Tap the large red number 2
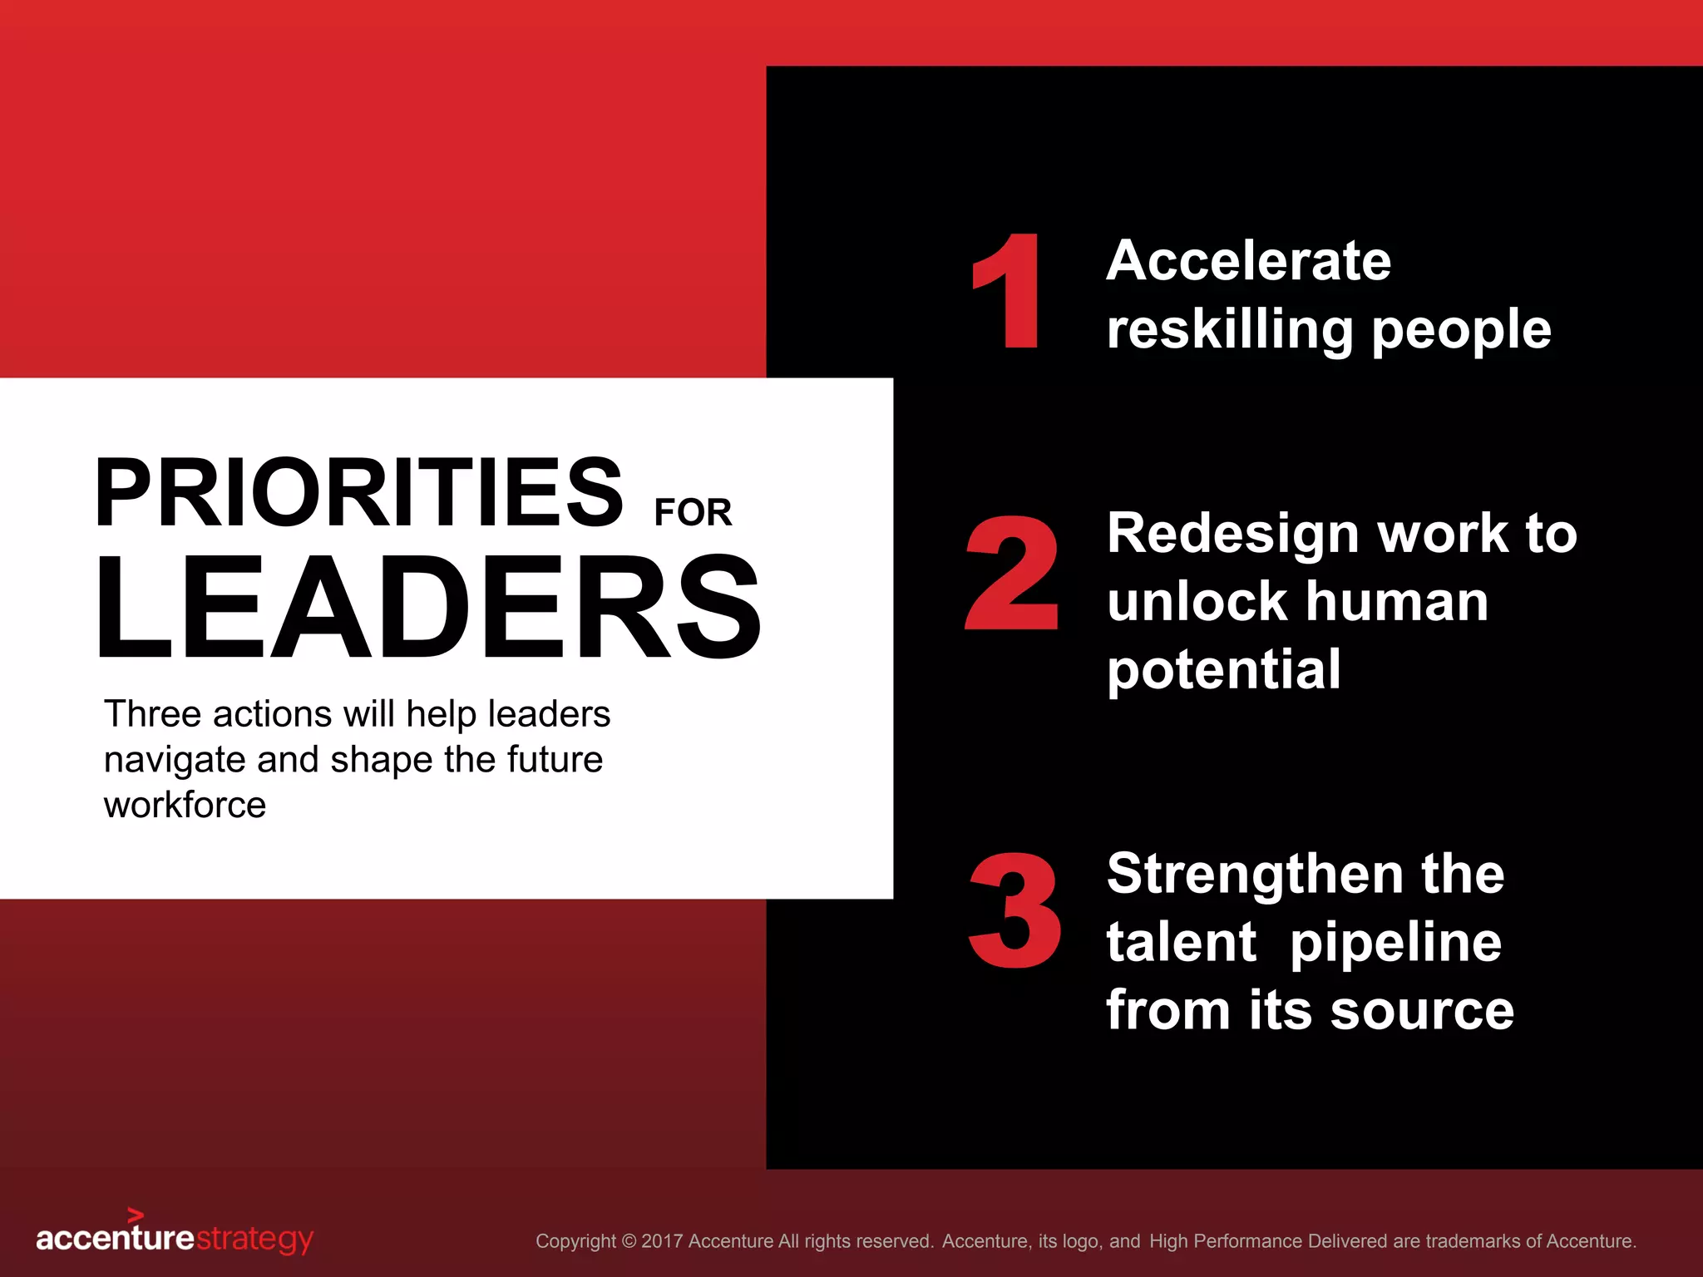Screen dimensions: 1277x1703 pos(1012,574)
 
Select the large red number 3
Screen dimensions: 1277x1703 pos(1014,911)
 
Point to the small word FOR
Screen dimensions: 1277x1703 pos(693,512)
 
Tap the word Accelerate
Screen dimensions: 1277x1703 pos(1248,260)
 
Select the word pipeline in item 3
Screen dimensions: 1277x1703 pos(1396,944)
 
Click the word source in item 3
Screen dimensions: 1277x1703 pos(1422,1011)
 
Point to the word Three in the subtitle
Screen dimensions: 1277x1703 pos(152,714)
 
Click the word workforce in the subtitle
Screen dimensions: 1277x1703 pos(185,805)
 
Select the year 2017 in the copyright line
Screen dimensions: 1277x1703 pos(662,1241)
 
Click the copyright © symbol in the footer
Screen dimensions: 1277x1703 pos(629,1241)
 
